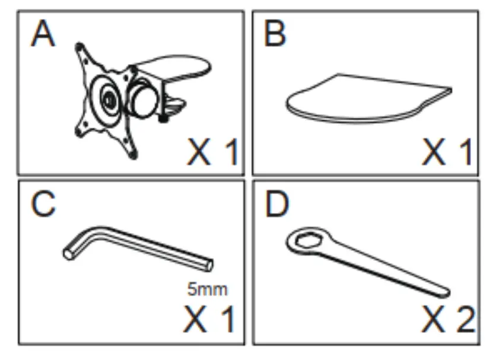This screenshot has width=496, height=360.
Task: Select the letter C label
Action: pos(43,205)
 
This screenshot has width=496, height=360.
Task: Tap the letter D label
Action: pos(276,205)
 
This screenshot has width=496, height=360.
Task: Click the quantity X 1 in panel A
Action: pos(212,153)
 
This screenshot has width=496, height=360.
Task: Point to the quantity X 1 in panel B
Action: pos(447,153)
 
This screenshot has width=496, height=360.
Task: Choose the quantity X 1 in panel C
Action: pos(209,320)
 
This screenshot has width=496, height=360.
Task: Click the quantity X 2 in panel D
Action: pos(448,320)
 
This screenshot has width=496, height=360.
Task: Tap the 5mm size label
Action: pos(207,290)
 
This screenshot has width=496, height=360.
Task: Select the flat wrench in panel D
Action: pos(368,261)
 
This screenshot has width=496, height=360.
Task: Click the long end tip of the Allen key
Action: pos(208,265)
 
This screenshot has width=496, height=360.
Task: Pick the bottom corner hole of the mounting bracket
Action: pos(131,154)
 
